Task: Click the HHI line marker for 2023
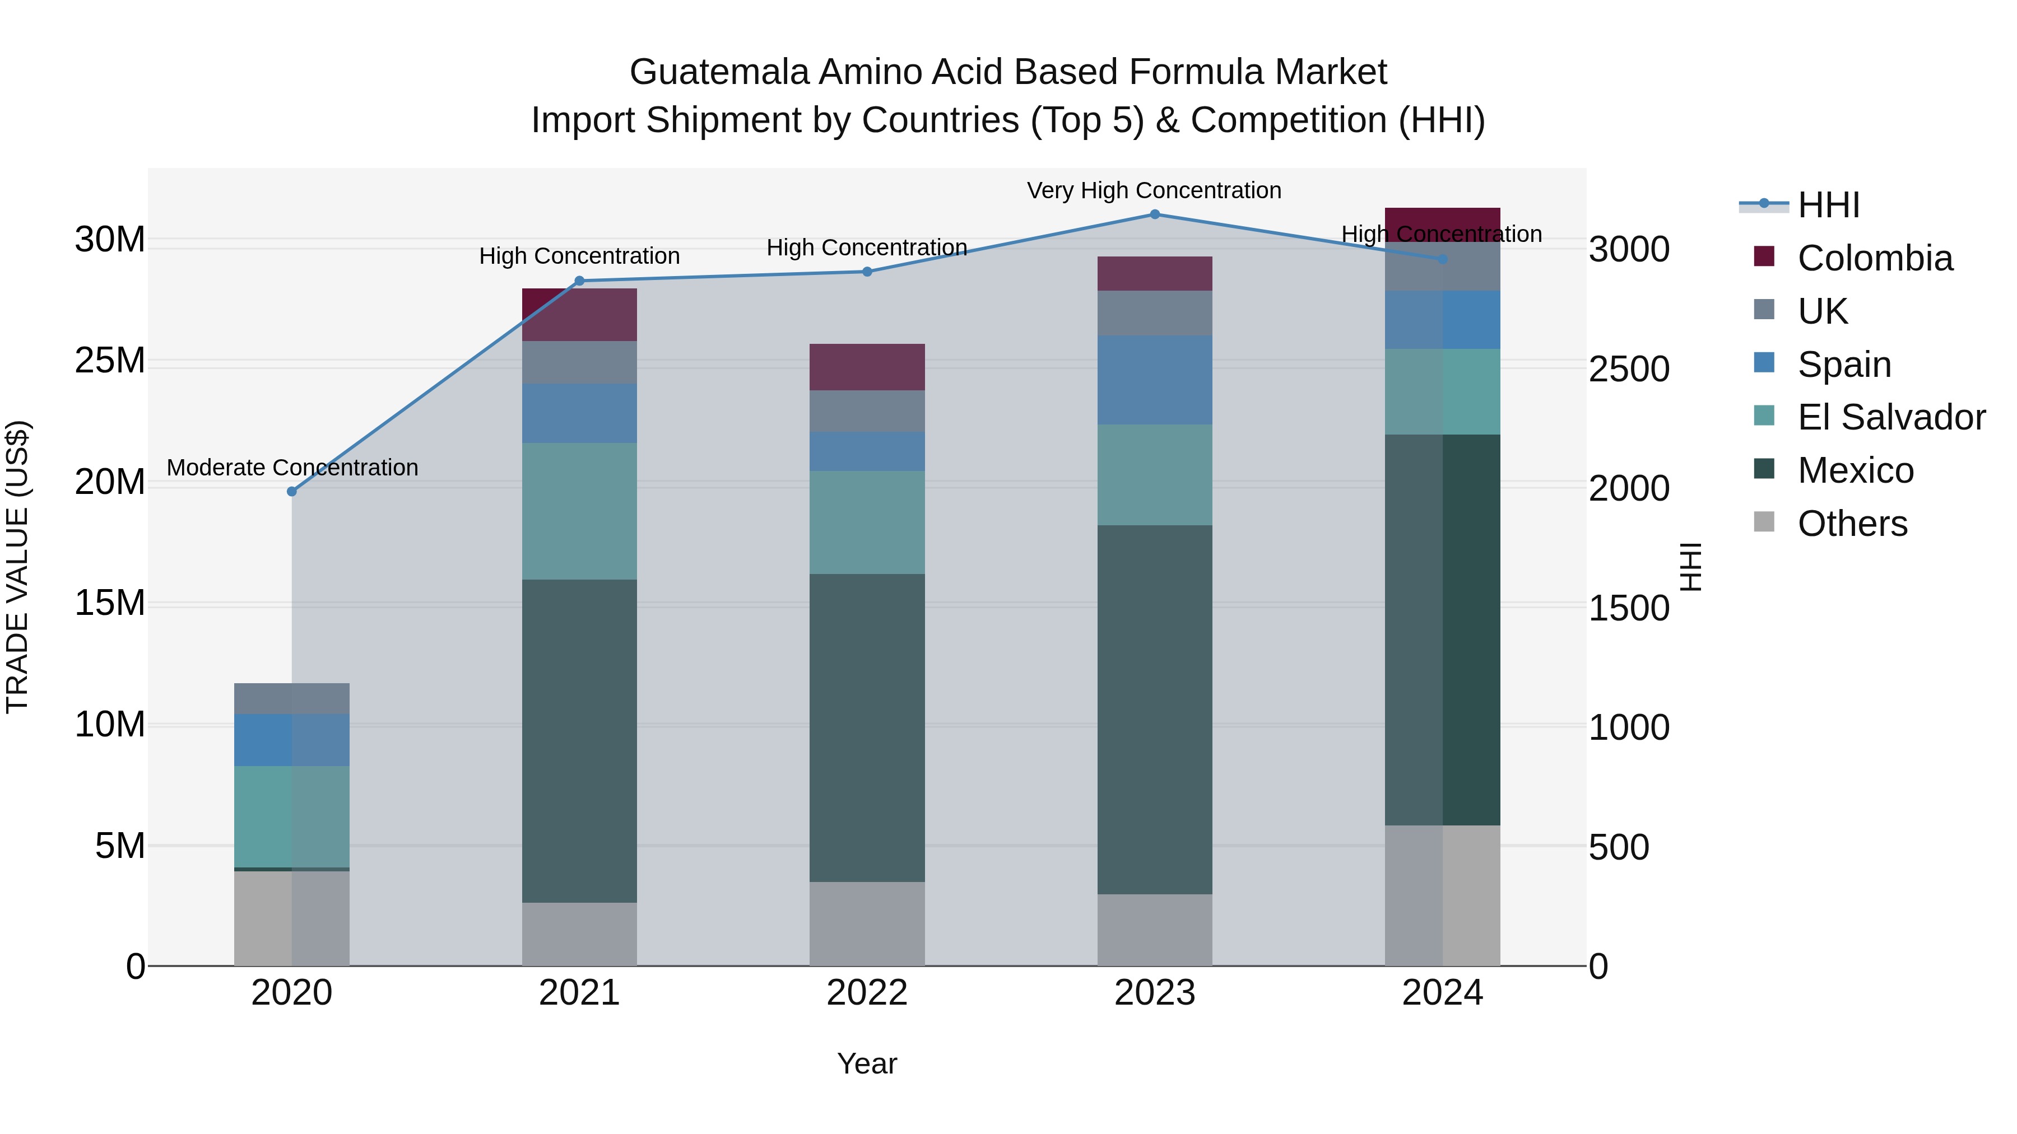pyautogui.click(x=1154, y=214)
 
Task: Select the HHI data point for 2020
pyautogui.click(x=292, y=492)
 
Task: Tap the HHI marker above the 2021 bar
pyautogui.click(x=579, y=281)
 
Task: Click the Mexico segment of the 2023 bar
pyautogui.click(x=1154, y=709)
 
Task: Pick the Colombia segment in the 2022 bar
pyautogui.click(x=867, y=367)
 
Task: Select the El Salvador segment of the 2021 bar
pyautogui.click(x=579, y=511)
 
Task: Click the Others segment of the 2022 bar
pyautogui.click(x=867, y=923)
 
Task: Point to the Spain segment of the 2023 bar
pyautogui.click(x=1154, y=380)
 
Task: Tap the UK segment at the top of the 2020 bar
pyautogui.click(x=292, y=698)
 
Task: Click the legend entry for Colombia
pyautogui.click(x=1875, y=258)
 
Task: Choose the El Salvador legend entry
pyautogui.click(x=1891, y=417)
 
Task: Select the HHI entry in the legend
pyautogui.click(x=1828, y=205)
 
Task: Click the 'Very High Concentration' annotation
pyautogui.click(x=1154, y=190)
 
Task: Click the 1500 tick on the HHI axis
pyautogui.click(x=1629, y=608)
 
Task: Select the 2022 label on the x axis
pyautogui.click(x=867, y=993)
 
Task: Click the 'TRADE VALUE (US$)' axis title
pyautogui.click(x=17, y=567)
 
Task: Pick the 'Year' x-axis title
pyautogui.click(x=867, y=1063)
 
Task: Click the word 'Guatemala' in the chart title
pyautogui.click(x=719, y=72)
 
